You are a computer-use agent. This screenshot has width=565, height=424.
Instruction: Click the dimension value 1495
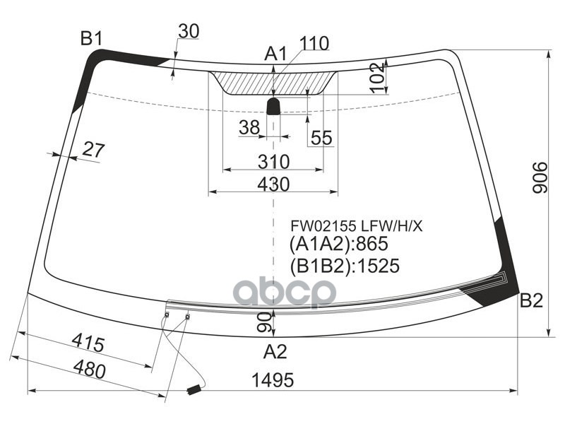[273, 380]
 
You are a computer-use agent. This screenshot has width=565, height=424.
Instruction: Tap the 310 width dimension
[273, 162]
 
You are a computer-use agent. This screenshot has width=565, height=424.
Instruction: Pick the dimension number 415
[88, 344]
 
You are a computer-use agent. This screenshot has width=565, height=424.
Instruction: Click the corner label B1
[91, 39]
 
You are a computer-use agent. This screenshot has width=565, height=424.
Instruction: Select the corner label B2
[531, 302]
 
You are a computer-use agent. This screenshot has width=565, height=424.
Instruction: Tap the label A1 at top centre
[275, 54]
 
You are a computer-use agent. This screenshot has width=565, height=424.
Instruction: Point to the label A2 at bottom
[275, 351]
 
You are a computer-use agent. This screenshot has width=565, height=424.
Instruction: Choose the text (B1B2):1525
[344, 266]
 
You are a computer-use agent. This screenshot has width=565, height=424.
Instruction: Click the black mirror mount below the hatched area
[273, 107]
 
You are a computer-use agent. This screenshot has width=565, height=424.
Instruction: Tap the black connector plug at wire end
[193, 389]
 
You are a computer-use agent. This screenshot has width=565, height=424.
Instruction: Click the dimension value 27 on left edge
[93, 149]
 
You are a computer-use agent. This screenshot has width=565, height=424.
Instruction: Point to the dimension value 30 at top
[188, 31]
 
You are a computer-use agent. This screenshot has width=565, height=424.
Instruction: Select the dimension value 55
[321, 138]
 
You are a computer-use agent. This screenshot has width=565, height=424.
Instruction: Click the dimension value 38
[249, 127]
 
